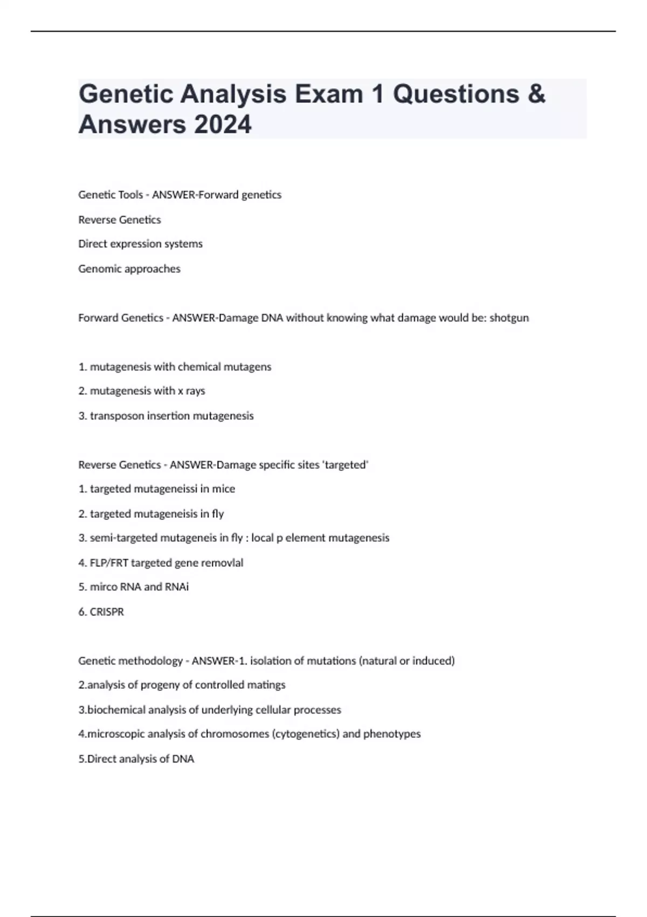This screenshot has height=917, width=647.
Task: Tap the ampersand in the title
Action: point(536,94)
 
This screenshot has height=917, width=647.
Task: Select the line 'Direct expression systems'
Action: point(140,244)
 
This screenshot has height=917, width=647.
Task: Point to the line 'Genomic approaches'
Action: point(129,269)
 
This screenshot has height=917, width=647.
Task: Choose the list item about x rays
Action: point(142,391)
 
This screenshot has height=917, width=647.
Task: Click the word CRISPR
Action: point(107,612)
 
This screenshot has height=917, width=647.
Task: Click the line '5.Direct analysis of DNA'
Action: point(136,758)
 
